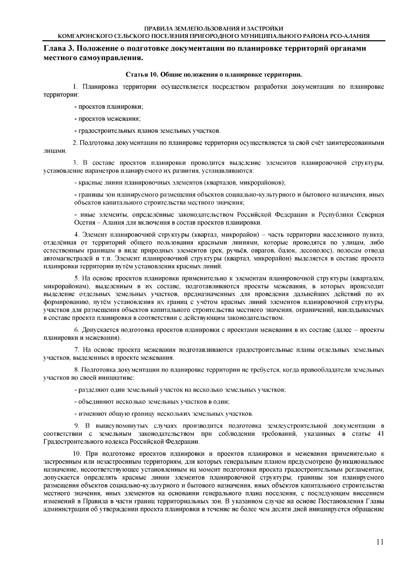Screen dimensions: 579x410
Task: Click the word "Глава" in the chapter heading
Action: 55,48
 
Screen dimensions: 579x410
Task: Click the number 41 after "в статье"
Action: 380,434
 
